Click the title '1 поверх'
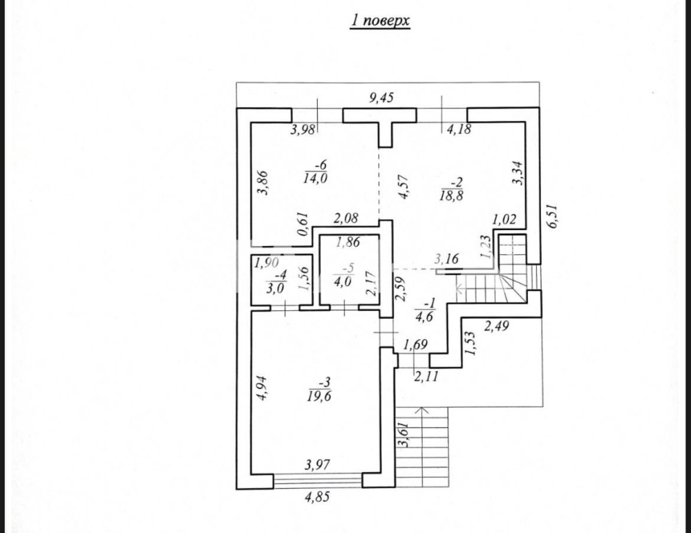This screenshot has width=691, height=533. (379, 21)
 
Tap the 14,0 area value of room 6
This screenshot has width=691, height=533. (314, 178)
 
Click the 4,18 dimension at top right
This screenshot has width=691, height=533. (460, 129)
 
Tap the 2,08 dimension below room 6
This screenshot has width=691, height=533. (345, 220)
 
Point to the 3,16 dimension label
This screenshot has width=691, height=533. (446, 260)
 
